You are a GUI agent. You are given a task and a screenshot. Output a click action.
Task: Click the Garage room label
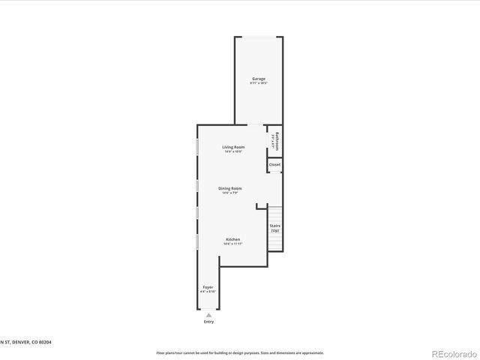coord(258,79)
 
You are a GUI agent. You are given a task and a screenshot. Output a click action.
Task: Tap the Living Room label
coord(233,147)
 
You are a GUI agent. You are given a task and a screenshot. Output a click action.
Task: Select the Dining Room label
coord(230,188)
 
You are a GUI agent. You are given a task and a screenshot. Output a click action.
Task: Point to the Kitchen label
coord(233,239)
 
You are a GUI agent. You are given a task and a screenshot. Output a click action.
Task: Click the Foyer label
coord(208,287)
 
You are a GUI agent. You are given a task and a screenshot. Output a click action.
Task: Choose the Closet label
coord(274,164)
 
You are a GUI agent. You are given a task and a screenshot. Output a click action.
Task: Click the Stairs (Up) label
coord(274,226)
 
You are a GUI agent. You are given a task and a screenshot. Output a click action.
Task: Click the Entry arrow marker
coord(208,315)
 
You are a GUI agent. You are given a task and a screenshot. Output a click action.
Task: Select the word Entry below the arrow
coord(208,322)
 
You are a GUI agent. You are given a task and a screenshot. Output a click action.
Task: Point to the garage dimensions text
coord(258,83)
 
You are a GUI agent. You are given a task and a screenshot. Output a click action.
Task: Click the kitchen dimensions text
coord(233,244)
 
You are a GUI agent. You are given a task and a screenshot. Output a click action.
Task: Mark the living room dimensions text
coord(233,151)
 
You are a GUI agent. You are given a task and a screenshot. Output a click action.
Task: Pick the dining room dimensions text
coord(230,193)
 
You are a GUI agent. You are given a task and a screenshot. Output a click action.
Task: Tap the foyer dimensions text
coord(208,292)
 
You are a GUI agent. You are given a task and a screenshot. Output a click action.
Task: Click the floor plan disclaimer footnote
coord(240,352)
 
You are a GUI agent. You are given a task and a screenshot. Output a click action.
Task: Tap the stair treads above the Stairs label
coord(275,212)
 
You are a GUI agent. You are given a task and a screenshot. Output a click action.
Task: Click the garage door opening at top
coord(259,37)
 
